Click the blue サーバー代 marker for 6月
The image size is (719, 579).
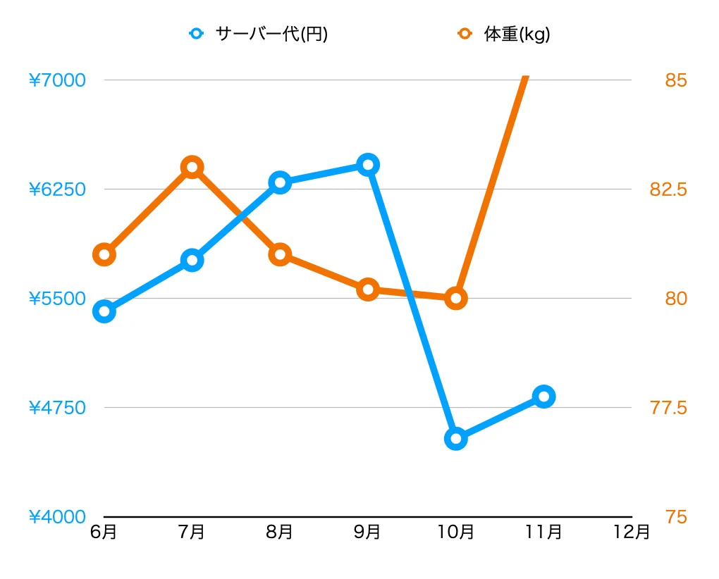pos(104,311)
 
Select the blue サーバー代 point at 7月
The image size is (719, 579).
pos(192,260)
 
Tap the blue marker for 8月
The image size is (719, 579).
pos(280,182)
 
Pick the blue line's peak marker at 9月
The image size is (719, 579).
pos(368,165)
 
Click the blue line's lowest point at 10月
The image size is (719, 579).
pos(456,439)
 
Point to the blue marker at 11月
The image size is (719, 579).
pos(543,396)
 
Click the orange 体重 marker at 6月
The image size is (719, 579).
pos(104,254)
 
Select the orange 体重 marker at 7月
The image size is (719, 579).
pos(192,167)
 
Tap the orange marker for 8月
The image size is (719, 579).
pos(280,254)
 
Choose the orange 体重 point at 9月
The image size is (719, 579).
pos(368,289)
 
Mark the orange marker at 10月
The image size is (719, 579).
pos(456,298)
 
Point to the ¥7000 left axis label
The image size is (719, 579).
pos(57,80)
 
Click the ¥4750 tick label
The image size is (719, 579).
pos(57,408)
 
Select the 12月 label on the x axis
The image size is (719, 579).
pos(632,532)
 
